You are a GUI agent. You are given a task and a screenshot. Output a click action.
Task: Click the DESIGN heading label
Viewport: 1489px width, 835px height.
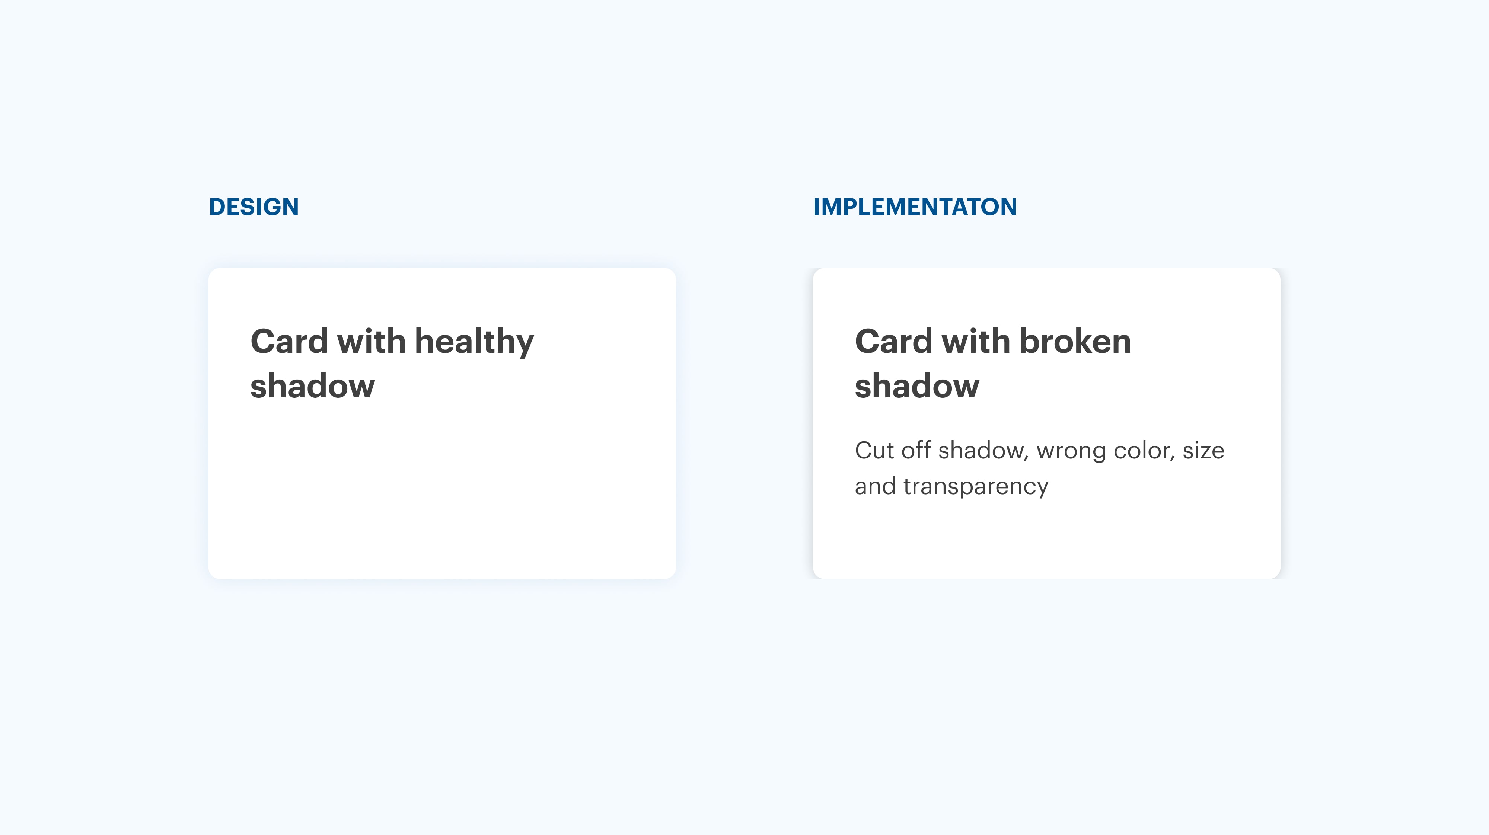[x=254, y=207]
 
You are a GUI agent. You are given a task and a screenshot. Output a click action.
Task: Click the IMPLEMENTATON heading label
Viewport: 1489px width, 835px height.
[x=915, y=207]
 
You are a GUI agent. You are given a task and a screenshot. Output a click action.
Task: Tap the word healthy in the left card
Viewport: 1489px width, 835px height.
[x=474, y=342]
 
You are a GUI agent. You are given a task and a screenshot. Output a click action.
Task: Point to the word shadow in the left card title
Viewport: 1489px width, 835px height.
[x=313, y=385]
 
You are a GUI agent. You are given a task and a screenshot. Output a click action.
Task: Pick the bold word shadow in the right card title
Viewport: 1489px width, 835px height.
[x=917, y=385]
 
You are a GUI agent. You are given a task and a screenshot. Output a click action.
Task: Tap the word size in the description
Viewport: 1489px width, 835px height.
[x=1203, y=450]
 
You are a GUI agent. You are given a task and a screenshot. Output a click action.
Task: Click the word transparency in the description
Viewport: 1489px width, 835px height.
[x=976, y=487]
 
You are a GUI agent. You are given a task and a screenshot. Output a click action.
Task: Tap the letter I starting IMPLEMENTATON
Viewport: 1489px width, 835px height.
[x=816, y=207]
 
